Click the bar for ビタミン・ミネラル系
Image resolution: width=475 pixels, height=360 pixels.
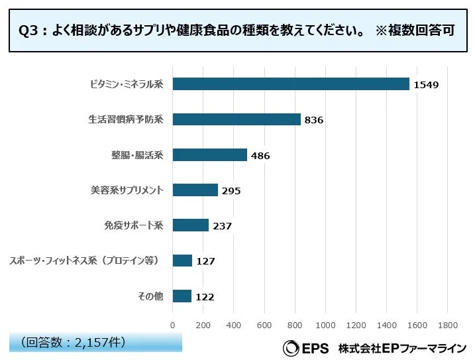pos(291,84)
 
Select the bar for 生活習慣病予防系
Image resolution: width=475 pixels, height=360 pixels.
pos(237,119)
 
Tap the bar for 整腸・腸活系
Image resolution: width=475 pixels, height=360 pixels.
pos(209,154)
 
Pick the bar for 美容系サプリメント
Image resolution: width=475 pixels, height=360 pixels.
pos(195,190)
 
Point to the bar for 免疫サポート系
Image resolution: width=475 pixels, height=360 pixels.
pos(190,225)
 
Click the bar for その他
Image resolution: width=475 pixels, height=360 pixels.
pos(182,296)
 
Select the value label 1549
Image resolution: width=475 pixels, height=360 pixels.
pos(426,85)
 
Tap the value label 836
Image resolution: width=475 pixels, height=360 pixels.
pos(313,120)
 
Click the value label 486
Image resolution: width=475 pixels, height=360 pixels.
pos(260,155)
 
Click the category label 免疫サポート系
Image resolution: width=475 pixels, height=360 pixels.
pos(133,225)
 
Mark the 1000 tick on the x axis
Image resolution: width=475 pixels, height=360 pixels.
pos(325,325)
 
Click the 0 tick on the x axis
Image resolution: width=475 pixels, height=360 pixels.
pos(172,325)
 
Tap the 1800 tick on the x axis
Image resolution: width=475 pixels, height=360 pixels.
pos(447,325)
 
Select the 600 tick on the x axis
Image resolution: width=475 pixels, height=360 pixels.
pos(264,325)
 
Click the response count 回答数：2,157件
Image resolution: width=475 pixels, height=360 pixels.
pos(73,342)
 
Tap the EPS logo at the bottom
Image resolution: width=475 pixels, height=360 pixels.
pos(305,347)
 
